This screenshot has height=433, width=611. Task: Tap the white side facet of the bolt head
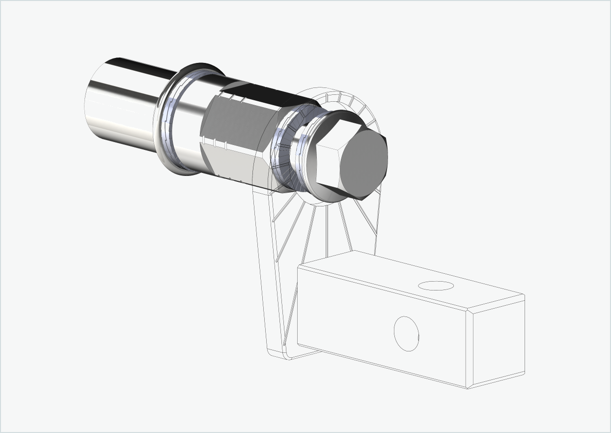(x=328, y=165)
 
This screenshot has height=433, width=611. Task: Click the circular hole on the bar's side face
(x=406, y=334)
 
